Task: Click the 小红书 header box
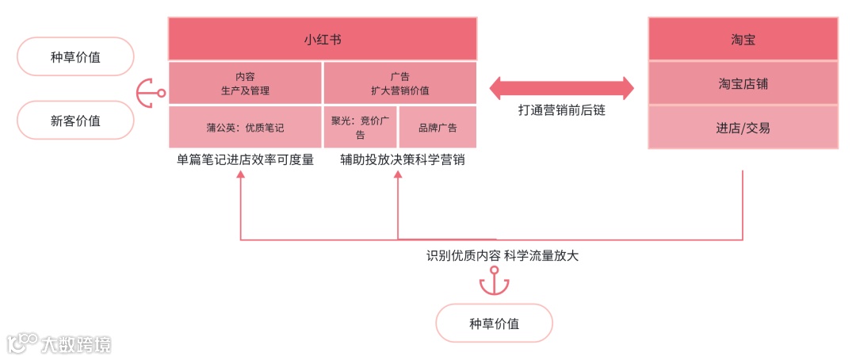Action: pos(322,39)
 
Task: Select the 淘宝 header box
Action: pos(743,39)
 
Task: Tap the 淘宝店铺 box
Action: pos(743,82)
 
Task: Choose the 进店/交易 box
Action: pos(743,127)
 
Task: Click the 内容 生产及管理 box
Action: pos(245,83)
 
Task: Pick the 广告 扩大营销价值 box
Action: pos(399,83)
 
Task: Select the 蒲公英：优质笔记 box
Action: pos(245,127)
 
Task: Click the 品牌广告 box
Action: pos(438,127)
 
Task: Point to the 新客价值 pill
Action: pos(75,121)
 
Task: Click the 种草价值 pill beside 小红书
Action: pos(75,57)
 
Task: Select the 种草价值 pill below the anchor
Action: pos(494,324)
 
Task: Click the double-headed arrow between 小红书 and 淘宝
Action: pos(562,88)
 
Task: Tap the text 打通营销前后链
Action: pos(561,112)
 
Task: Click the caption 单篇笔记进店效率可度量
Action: pos(245,159)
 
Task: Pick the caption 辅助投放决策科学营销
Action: pos(402,159)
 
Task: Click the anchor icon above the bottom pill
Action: pos(494,281)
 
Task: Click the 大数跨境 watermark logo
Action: pos(59,343)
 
